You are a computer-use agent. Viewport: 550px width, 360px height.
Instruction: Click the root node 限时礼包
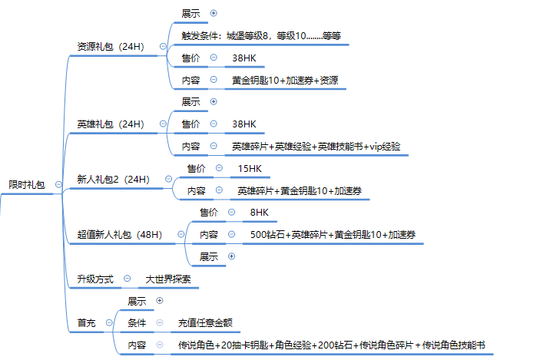26,185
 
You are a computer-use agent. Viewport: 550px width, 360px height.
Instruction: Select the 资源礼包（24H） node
111,47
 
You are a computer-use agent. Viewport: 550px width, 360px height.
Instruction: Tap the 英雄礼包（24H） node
111,124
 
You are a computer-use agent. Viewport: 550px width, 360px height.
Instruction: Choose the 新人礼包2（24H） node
113,180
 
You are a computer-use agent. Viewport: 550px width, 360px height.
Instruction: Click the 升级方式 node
94,279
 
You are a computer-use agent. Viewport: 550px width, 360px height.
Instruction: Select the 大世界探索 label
168,279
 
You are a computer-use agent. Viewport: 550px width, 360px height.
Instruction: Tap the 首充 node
86,323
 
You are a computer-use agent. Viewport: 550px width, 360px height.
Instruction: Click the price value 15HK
250,168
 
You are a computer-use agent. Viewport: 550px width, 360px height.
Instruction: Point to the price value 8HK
260,213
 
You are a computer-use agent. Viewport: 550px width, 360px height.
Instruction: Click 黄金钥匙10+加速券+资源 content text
286,80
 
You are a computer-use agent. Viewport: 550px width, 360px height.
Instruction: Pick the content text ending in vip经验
316,146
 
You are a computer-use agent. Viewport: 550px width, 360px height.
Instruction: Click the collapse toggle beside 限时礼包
58,185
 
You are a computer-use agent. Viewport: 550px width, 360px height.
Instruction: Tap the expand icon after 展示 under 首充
159,301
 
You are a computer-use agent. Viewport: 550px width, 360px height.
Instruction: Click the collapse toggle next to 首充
108,323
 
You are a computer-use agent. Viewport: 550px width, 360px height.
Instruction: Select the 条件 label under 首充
137,323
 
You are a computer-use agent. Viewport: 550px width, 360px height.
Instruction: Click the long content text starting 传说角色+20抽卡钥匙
331,345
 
